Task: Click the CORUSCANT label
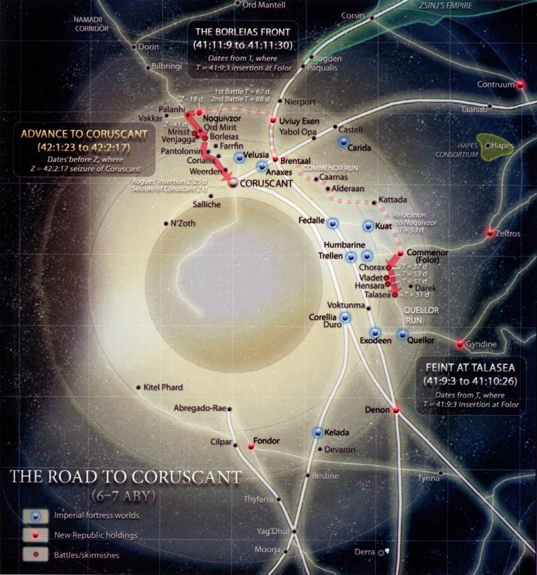tap(266, 184)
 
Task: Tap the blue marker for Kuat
tap(368, 226)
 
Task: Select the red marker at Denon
tap(397, 410)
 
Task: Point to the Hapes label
tap(502, 146)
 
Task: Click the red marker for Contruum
tap(521, 84)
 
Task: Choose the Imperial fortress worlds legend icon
tap(35, 516)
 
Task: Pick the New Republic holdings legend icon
tap(35, 535)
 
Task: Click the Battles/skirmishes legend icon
tap(35, 555)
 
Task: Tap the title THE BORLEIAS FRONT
tap(243, 32)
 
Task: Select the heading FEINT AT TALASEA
tap(470, 368)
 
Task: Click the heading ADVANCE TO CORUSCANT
tap(84, 134)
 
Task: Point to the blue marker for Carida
tap(343, 142)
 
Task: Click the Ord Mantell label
tap(264, 5)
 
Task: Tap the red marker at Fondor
tap(251, 447)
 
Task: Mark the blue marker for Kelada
tap(318, 433)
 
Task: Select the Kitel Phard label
tap(163, 387)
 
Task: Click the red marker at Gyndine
tap(460, 344)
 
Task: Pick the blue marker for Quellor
tap(402, 334)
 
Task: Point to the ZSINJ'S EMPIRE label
tap(446, 6)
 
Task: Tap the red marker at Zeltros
tap(490, 233)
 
